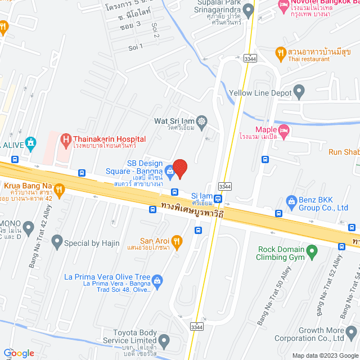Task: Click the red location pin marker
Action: point(179,168)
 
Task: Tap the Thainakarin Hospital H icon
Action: point(66,139)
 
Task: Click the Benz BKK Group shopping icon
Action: point(291,201)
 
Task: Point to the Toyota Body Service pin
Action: point(164,340)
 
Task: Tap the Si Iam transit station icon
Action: point(218,199)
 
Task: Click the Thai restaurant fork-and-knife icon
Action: point(280,53)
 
